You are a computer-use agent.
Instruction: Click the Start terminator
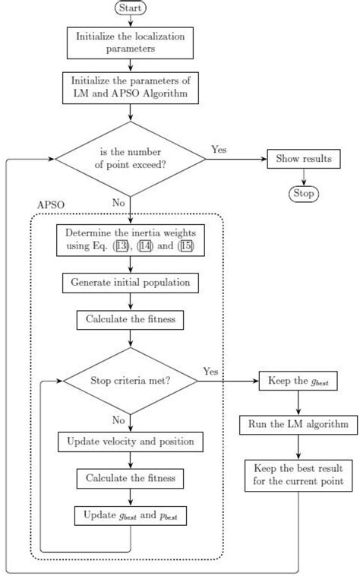[x=131, y=8]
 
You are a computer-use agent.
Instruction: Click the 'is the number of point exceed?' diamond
[x=131, y=160]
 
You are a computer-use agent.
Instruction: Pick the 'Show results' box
[x=303, y=160]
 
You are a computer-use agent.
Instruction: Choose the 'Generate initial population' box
[x=131, y=283]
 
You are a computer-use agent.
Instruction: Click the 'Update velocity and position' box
[x=131, y=441]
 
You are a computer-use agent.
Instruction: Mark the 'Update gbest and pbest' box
[x=131, y=517]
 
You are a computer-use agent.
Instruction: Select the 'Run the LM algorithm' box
[x=298, y=423]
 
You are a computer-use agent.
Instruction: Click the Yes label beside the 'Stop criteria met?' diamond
[x=210, y=371]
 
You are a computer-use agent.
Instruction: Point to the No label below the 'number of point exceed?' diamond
[x=118, y=204]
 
